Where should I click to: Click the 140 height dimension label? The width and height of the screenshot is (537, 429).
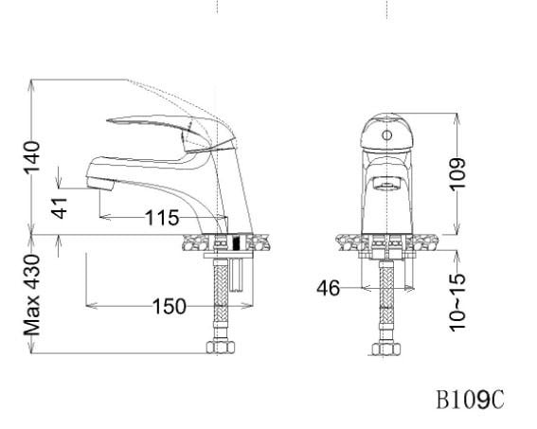click(x=33, y=158)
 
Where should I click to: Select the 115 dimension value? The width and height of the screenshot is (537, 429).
click(x=162, y=219)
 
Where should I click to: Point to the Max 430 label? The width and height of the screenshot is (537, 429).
click(x=33, y=295)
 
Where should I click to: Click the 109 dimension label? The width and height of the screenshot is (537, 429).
click(x=458, y=173)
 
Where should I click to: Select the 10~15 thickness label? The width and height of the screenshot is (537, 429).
click(x=458, y=301)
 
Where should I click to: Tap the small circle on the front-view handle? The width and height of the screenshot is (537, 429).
click(x=385, y=135)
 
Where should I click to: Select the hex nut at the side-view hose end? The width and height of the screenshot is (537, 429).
click(x=221, y=347)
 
